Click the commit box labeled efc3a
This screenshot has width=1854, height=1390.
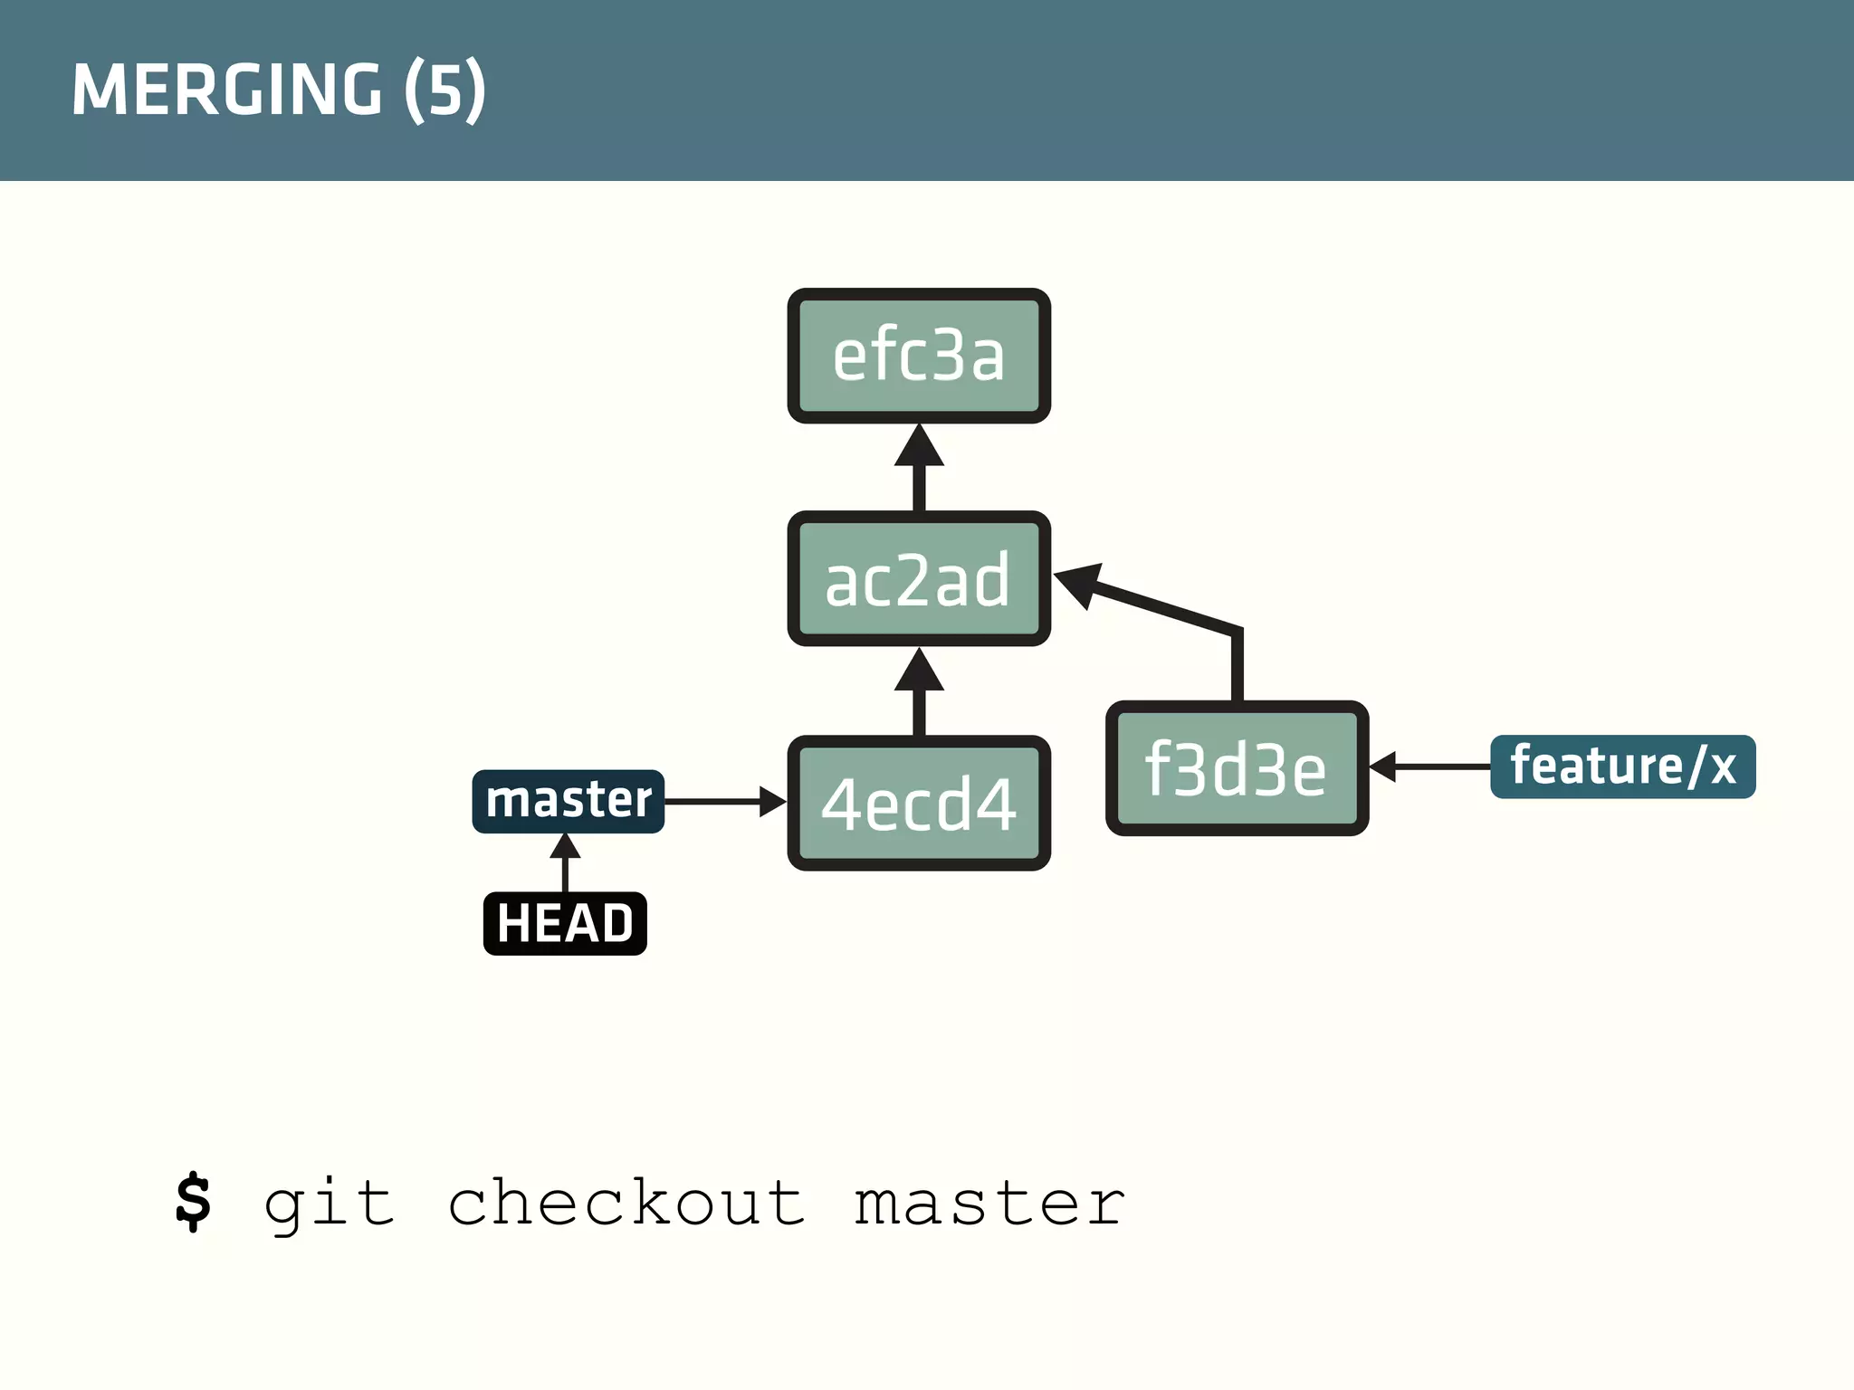tap(919, 356)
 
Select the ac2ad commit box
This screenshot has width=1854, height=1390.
tap(919, 579)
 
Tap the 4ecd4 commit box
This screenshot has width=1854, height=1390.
tap(919, 804)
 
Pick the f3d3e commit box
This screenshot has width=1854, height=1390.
tap(1237, 768)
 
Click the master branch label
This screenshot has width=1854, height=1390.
tap(569, 801)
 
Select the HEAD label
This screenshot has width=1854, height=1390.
tap(565, 923)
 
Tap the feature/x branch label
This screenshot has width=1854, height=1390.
tap(1622, 766)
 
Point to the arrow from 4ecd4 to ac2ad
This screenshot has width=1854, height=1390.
tap(919, 693)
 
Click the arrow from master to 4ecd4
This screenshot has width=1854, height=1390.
tap(724, 802)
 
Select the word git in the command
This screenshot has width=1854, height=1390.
tap(329, 1204)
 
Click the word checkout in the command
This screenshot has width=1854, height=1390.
tap(626, 1204)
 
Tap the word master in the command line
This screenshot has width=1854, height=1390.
tap(989, 1204)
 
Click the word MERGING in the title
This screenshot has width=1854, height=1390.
tap(227, 90)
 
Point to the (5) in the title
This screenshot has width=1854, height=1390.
tap(444, 90)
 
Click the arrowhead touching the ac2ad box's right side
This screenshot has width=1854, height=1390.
tap(1079, 583)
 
